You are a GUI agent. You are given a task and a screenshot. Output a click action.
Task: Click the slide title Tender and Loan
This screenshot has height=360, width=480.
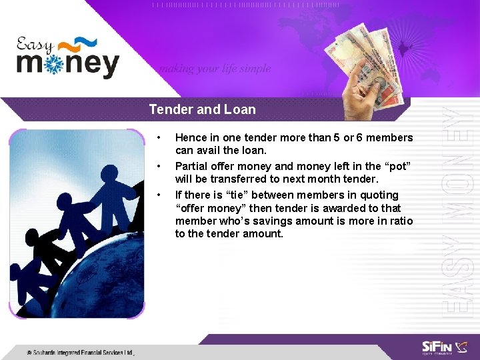(202, 109)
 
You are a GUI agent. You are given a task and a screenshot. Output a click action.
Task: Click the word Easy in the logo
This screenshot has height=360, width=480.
(35, 45)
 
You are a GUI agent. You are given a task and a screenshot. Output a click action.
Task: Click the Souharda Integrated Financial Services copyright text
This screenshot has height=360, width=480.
(80, 352)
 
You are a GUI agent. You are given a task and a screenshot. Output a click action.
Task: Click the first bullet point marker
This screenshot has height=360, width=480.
(158, 138)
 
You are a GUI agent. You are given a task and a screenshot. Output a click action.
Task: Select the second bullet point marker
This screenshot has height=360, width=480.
(158, 167)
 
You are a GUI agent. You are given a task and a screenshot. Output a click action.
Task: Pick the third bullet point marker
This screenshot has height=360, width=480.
(158, 195)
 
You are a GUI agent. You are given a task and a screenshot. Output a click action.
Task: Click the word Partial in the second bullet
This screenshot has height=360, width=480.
(192, 167)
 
